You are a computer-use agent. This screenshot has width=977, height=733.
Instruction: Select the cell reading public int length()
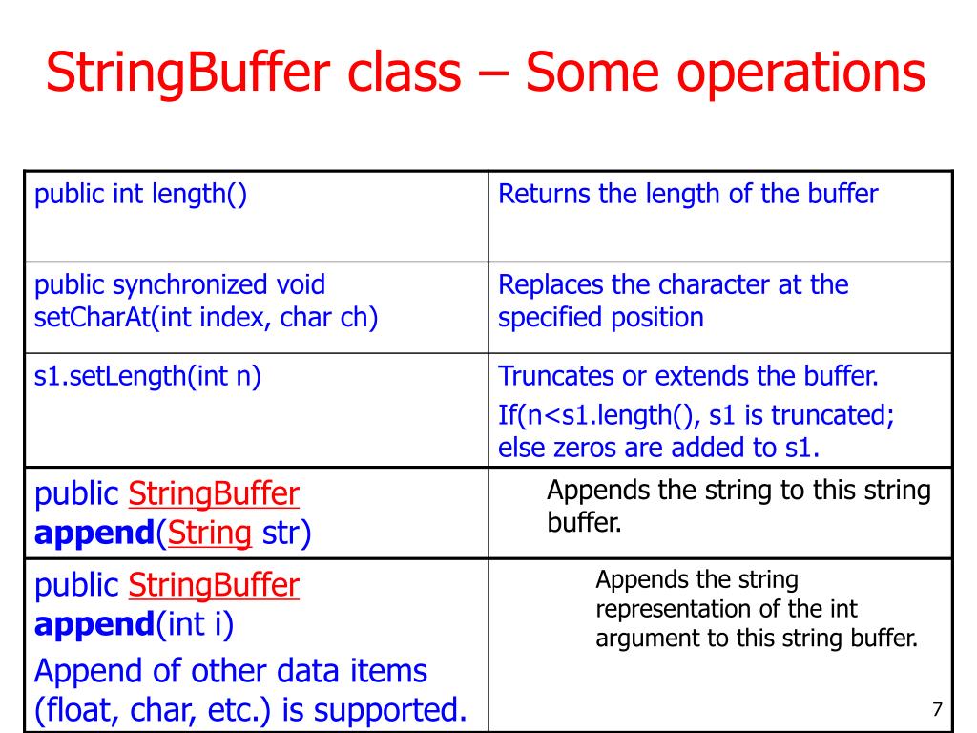[x=140, y=195]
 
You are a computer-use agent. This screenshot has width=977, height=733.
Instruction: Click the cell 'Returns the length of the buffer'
[x=688, y=195]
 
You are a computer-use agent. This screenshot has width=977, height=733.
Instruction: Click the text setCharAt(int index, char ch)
[x=206, y=317]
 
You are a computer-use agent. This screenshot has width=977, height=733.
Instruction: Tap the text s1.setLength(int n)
[x=148, y=376]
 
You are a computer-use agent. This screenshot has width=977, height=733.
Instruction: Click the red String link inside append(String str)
[x=209, y=533]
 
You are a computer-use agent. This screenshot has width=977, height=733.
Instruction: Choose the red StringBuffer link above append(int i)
[x=213, y=584]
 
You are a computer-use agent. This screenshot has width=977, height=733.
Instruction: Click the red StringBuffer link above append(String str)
[x=213, y=494]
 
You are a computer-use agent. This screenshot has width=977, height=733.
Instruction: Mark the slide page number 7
[x=936, y=709]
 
